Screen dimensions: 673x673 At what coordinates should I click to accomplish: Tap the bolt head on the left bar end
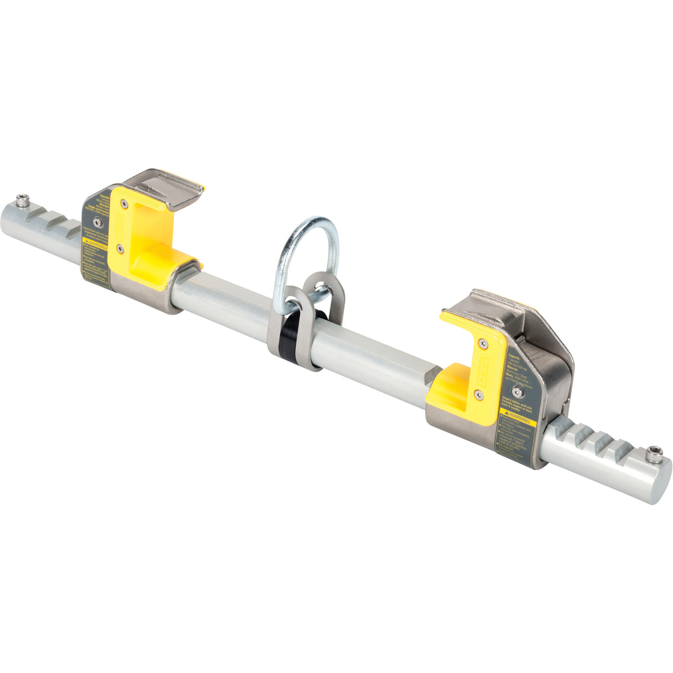pos(22,200)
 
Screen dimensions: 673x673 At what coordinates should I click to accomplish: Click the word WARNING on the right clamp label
pos(522,415)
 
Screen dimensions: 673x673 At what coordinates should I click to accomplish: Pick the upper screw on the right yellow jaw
pos(483,344)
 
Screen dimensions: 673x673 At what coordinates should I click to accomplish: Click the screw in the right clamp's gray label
pos(517,391)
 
